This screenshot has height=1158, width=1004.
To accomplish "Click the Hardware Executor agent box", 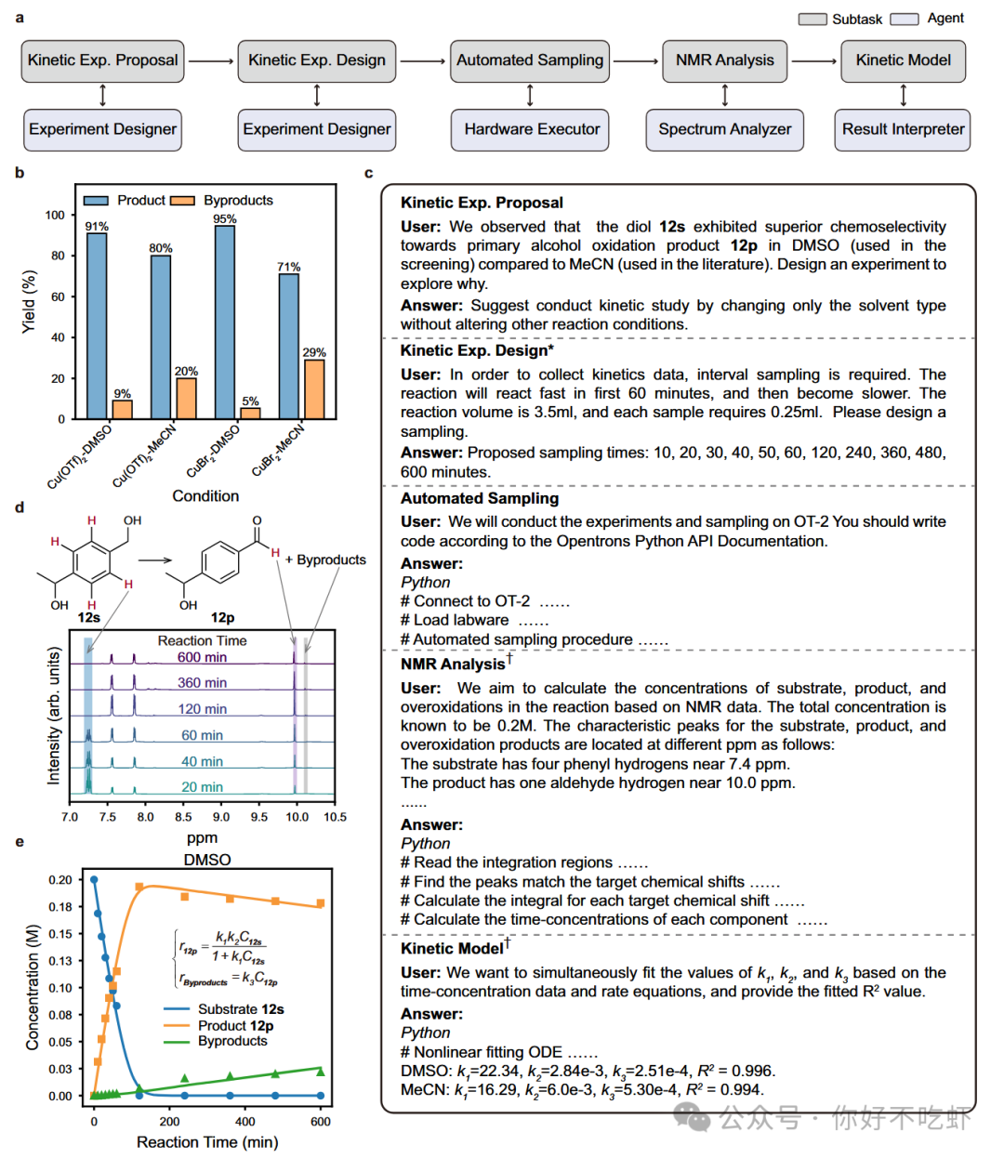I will tap(531, 129).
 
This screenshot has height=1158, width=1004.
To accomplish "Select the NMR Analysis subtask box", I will tap(724, 60).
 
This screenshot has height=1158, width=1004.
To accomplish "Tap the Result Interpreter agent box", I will tap(903, 129).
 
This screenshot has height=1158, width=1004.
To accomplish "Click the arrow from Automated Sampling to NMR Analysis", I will tap(636, 61).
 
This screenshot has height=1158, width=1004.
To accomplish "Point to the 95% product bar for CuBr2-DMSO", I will tap(225, 322).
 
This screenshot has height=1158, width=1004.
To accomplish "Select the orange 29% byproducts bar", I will tap(314, 388).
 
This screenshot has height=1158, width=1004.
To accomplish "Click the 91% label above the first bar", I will tap(97, 226).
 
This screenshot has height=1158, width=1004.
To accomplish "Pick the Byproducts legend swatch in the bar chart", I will tap(182, 201).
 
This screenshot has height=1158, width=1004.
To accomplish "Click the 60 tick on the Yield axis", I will tap(58, 296).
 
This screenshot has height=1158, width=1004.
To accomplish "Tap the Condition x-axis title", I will tap(205, 496).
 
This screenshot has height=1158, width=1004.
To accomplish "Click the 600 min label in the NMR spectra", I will tap(202, 657).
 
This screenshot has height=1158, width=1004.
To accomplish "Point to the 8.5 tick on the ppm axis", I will tap(183, 817).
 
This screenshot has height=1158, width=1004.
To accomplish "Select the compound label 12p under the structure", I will tap(223, 617).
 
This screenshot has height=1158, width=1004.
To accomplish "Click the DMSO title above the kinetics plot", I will tap(206, 860).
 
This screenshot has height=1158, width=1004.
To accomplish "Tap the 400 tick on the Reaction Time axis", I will tap(245, 1122).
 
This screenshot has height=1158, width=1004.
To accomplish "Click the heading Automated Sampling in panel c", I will tap(480, 498).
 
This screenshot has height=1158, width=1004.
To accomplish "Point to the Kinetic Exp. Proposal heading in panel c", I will tap(482, 203).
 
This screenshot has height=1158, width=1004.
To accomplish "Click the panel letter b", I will tap(20, 173).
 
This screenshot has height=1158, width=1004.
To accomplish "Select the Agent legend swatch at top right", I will tap(904, 19).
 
